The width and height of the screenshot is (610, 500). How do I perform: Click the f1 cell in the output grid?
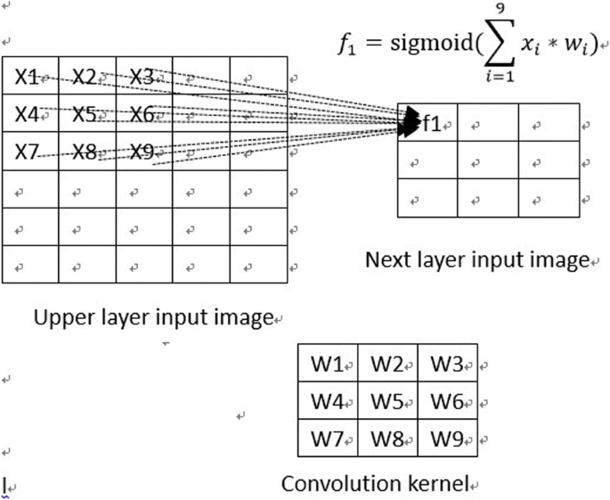point(432,123)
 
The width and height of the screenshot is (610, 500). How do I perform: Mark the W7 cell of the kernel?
point(328,439)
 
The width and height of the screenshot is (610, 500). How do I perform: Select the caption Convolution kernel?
point(375,484)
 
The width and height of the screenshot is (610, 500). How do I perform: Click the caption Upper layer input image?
point(151,317)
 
